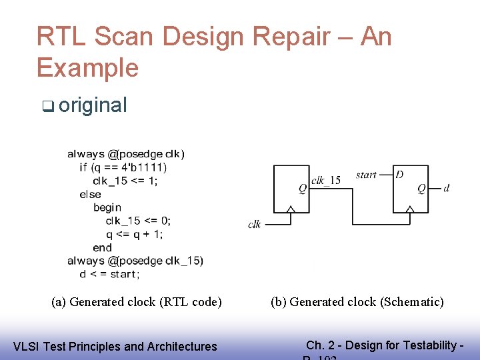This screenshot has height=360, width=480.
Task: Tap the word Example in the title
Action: coord(87,67)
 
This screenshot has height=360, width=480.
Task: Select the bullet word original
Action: coord(93,105)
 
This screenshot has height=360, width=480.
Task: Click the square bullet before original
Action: coord(47,106)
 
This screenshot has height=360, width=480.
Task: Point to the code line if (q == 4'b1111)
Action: coord(123,167)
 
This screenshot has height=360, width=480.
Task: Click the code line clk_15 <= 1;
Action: coord(125,181)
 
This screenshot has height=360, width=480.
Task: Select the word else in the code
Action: coord(90,194)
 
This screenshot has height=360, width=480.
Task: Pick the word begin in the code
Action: coord(107,207)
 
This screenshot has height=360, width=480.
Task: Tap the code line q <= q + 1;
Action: coord(135,234)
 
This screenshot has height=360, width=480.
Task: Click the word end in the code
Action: coord(102,247)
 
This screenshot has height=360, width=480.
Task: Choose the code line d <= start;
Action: coord(109,274)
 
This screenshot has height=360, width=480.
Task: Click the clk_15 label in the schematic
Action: coord(326,179)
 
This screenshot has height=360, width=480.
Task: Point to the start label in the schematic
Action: coord(366,175)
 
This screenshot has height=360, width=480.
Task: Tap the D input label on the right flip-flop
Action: coord(399,175)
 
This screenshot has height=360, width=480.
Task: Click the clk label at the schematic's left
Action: coord(254,225)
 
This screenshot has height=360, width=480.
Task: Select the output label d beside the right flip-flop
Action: coord(446,189)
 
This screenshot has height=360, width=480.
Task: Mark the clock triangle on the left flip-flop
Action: coord(289,210)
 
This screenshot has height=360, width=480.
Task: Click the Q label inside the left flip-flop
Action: coord(302,189)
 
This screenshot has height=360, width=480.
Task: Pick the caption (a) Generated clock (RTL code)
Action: coord(137,302)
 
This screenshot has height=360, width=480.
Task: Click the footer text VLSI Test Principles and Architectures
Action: coord(115,346)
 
